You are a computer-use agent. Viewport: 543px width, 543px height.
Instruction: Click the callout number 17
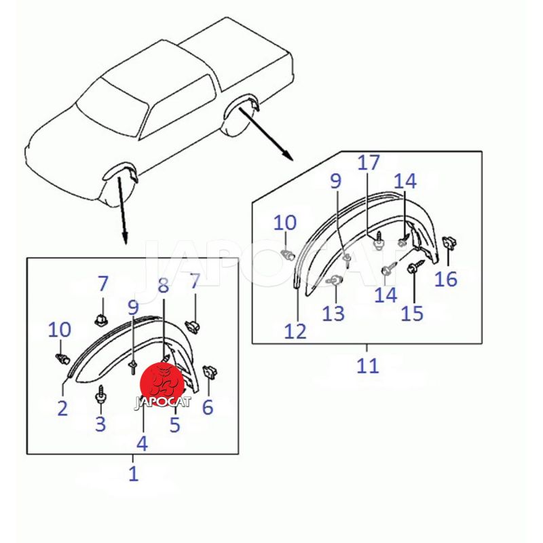pos(369,163)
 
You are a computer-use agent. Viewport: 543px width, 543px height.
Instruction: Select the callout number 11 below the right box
pos(368,365)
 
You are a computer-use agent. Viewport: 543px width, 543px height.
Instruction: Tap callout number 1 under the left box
pos(134,473)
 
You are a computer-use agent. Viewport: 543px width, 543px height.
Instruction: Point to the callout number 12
pos(295,331)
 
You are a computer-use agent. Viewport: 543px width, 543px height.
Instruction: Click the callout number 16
pos(446,279)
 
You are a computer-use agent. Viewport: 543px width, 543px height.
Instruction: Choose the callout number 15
pos(412,314)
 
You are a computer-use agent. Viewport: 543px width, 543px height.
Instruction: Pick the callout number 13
pos(333,314)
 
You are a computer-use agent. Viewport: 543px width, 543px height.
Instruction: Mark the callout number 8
pos(163,285)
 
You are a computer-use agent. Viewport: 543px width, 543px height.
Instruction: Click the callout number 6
pos(208,407)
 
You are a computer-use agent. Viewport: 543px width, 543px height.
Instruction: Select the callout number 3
pos(100,424)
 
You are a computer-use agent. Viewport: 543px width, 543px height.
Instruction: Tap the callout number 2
pos(62,408)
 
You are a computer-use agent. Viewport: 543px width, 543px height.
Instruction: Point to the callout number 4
pos(143,443)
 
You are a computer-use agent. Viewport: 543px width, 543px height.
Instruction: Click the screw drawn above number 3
pos(100,395)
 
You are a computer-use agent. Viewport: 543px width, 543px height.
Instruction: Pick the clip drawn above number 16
pos(450,242)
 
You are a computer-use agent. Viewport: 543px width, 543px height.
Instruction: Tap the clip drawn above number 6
pos(210,372)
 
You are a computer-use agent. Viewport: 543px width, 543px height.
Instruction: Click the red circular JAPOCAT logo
pos(162,384)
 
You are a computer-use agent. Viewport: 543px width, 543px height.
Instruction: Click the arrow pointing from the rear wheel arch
pos(266,134)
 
